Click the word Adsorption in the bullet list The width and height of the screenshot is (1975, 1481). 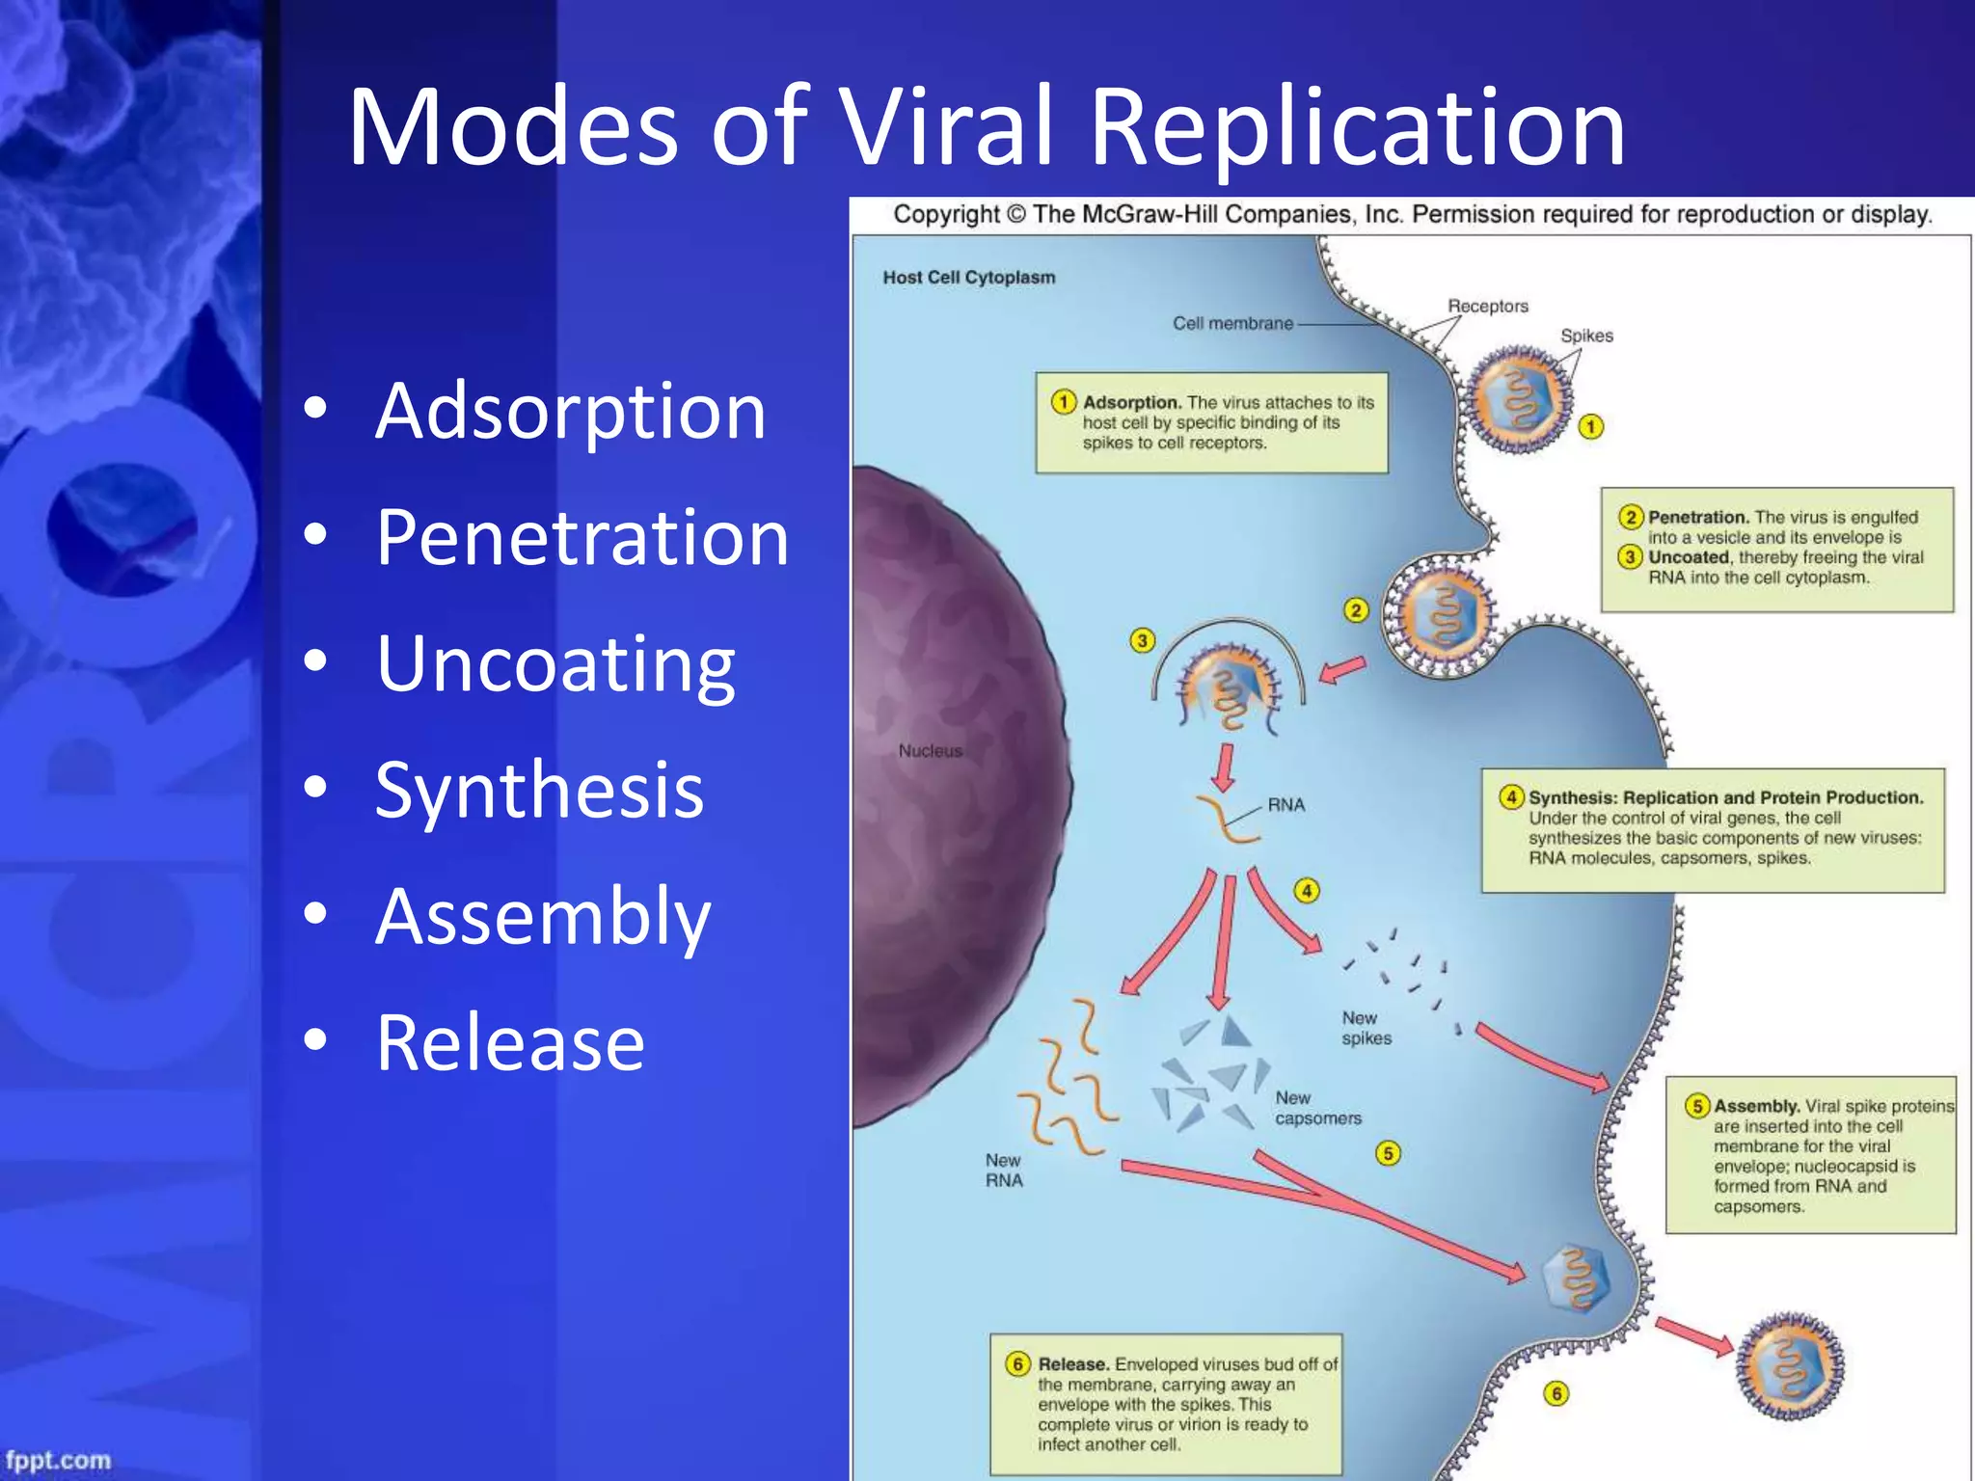(x=570, y=412)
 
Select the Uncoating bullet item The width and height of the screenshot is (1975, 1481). (x=555, y=664)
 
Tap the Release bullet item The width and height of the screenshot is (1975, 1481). (x=510, y=1043)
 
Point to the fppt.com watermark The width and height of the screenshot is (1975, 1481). (x=58, y=1460)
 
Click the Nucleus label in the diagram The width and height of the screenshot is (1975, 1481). (x=930, y=751)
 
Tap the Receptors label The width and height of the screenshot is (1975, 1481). (x=1487, y=307)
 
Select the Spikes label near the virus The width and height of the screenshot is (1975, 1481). (x=1586, y=337)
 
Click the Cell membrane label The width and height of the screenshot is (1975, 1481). (x=1232, y=324)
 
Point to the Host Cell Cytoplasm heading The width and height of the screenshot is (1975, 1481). (x=968, y=278)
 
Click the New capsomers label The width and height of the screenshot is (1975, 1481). (x=1317, y=1109)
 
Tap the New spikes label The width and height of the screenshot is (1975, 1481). (x=1366, y=1029)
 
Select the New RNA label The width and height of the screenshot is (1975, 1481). (x=1003, y=1171)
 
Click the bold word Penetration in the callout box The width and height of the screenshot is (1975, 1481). (x=1697, y=518)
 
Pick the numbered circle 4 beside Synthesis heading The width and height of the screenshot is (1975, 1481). (x=1511, y=797)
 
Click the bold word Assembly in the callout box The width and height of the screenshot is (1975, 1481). (x=1756, y=1107)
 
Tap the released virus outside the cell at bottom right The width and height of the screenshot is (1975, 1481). (x=1789, y=1366)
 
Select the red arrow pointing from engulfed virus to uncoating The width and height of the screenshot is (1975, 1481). (x=1342, y=669)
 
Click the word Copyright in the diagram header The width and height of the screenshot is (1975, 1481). (x=946, y=214)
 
